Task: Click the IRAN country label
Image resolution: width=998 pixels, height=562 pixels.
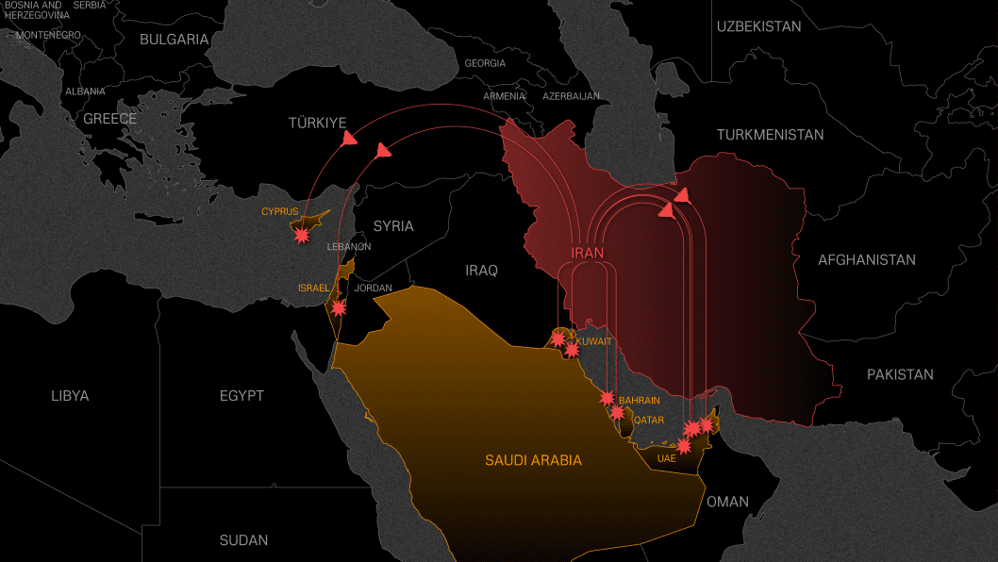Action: pyautogui.click(x=587, y=253)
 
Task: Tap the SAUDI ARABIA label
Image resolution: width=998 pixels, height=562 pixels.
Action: pyautogui.click(x=533, y=460)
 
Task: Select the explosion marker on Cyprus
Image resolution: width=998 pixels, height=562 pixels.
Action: pyautogui.click(x=302, y=235)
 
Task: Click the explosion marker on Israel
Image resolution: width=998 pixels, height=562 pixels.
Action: pyautogui.click(x=338, y=307)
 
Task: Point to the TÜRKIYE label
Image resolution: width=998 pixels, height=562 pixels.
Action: pyautogui.click(x=317, y=123)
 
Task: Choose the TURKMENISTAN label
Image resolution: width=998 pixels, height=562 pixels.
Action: pyautogui.click(x=770, y=135)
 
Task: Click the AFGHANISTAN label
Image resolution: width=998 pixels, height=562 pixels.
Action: pyautogui.click(x=866, y=259)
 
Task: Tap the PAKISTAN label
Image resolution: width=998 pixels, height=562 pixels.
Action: pyautogui.click(x=900, y=374)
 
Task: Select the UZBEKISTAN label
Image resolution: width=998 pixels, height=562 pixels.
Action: pyautogui.click(x=758, y=26)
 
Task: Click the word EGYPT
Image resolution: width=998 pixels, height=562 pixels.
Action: pyautogui.click(x=241, y=395)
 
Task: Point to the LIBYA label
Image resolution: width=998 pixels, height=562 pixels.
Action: pyautogui.click(x=70, y=395)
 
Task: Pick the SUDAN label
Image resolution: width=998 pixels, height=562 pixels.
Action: pyautogui.click(x=243, y=540)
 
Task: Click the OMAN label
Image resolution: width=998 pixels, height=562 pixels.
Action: pyautogui.click(x=727, y=502)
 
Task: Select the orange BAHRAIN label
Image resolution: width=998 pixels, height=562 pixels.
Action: pyautogui.click(x=639, y=401)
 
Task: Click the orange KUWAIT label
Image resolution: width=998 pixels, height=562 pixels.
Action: pyautogui.click(x=594, y=340)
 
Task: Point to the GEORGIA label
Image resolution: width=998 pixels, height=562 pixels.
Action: pyautogui.click(x=485, y=63)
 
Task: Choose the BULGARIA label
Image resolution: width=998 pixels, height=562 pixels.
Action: pyautogui.click(x=174, y=40)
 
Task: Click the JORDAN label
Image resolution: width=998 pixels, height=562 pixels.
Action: pyautogui.click(x=373, y=288)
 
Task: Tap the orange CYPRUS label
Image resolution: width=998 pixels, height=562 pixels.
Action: pyautogui.click(x=279, y=211)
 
